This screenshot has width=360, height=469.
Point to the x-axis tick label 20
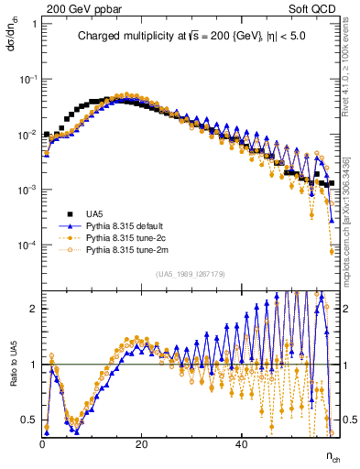141,445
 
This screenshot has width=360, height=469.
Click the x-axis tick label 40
240,445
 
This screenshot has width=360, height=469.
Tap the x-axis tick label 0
43,445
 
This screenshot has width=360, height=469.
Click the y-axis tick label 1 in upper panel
34,24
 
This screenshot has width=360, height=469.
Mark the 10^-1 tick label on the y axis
28,80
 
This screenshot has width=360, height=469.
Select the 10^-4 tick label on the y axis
28,245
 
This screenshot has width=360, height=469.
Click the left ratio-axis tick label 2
34,309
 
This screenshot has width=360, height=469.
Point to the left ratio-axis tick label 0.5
30,420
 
